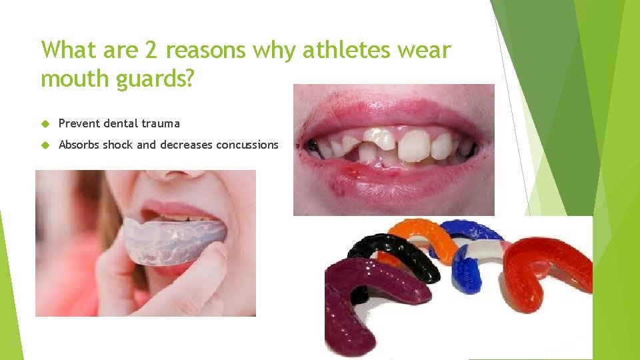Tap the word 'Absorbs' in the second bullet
pyautogui.click(x=79, y=145)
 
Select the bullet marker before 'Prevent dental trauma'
pyautogui.click(x=45, y=123)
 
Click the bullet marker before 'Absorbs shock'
pyautogui.click(x=45, y=145)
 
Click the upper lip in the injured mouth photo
pyautogui.click(x=393, y=117)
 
